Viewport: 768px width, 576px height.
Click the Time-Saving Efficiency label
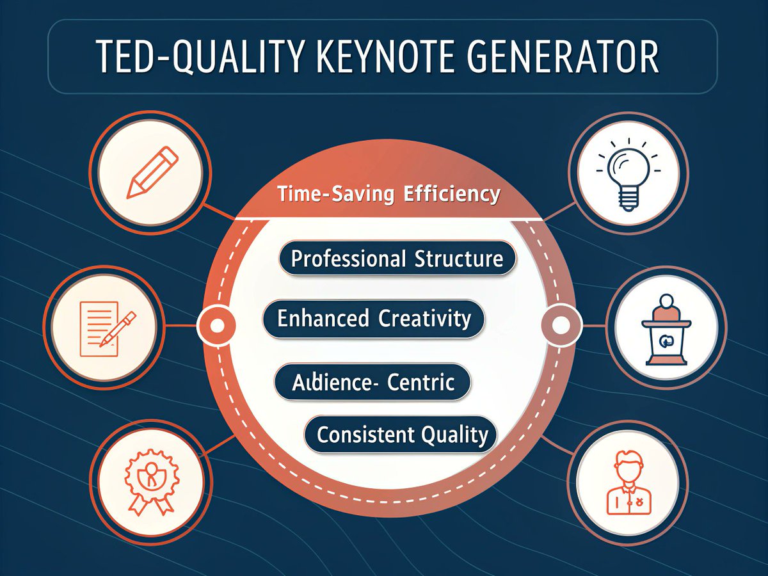tap(388, 194)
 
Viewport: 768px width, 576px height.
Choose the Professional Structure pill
tap(397, 259)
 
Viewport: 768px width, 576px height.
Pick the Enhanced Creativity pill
tap(374, 318)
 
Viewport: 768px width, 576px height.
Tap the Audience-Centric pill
tap(372, 382)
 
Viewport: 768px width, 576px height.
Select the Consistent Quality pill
tap(402, 435)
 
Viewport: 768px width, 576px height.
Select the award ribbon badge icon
tap(151, 481)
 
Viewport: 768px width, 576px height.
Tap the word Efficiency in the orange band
tap(452, 194)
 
